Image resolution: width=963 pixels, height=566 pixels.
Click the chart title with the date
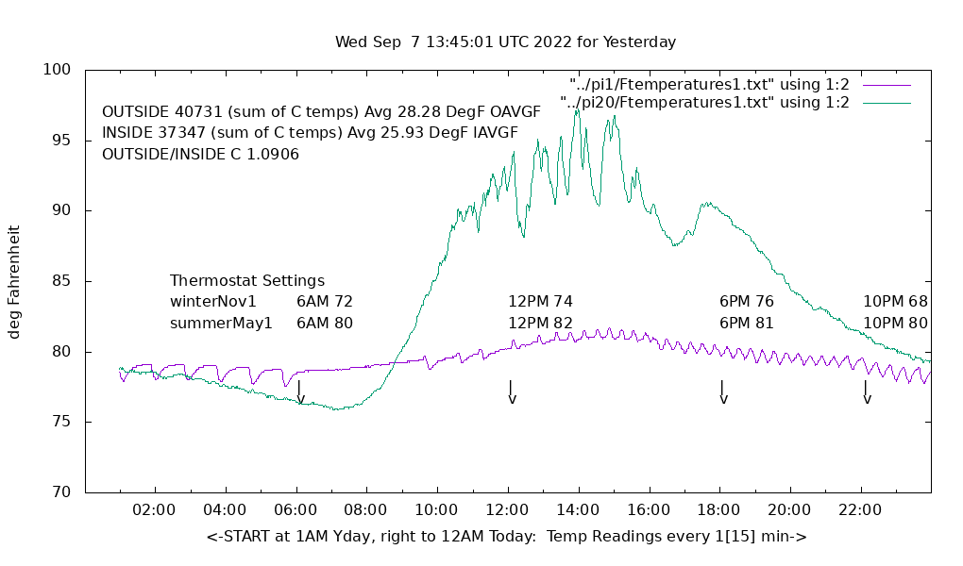505,42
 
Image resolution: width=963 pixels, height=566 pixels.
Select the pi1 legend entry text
709,85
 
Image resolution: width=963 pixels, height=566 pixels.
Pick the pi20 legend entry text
704,102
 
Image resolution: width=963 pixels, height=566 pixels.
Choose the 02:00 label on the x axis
154,509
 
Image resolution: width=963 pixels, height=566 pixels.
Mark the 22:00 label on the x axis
860,509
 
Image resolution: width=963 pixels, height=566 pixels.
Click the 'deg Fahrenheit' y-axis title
15,282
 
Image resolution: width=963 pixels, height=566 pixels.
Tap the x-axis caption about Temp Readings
506,537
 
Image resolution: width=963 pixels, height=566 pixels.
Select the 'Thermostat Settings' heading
247,281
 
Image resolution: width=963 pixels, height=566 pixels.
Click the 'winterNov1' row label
213,302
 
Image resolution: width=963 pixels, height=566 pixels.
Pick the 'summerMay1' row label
221,324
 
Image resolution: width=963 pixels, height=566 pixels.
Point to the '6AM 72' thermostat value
325,302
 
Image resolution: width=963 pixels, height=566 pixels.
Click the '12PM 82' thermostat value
541,324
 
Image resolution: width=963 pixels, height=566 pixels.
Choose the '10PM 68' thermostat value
895,302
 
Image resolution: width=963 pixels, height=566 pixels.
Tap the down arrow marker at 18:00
723,392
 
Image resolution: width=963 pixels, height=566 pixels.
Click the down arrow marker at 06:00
300,392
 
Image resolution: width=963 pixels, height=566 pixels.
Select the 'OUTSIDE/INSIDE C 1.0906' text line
201,154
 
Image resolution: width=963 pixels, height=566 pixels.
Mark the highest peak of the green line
577,109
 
